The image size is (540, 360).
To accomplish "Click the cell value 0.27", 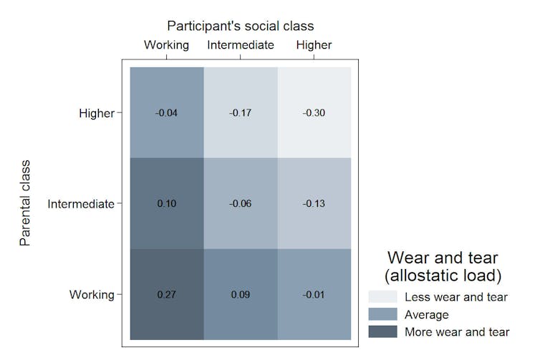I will click(166, 294).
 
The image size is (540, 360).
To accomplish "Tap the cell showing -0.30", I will click(314, 113).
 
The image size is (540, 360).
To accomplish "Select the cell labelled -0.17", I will click(241, 113).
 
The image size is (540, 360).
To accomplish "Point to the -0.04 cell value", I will click(166, 113).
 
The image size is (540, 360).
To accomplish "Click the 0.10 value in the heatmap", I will click(166, 204).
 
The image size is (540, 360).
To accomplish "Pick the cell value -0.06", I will click(241, 204).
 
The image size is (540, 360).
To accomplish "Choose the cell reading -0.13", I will click(314, 204).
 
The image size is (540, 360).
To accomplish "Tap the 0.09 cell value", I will click(241, 294).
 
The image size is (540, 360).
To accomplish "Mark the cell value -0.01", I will click(314, 294).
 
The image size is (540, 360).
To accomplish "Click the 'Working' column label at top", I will click(166, 45).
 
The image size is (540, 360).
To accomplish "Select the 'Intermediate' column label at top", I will click(241, 45).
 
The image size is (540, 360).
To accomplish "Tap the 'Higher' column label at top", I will click(314, 45).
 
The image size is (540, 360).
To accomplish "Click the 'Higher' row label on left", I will click(96, 113).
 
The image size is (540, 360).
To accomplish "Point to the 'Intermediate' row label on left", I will click(80, 204).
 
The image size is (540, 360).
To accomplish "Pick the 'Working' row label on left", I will click(91, 294).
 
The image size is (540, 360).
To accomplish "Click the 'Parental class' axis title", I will click(26, 204).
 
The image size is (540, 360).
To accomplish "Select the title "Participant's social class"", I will click(241, 26).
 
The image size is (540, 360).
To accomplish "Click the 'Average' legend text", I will click(426, 314).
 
